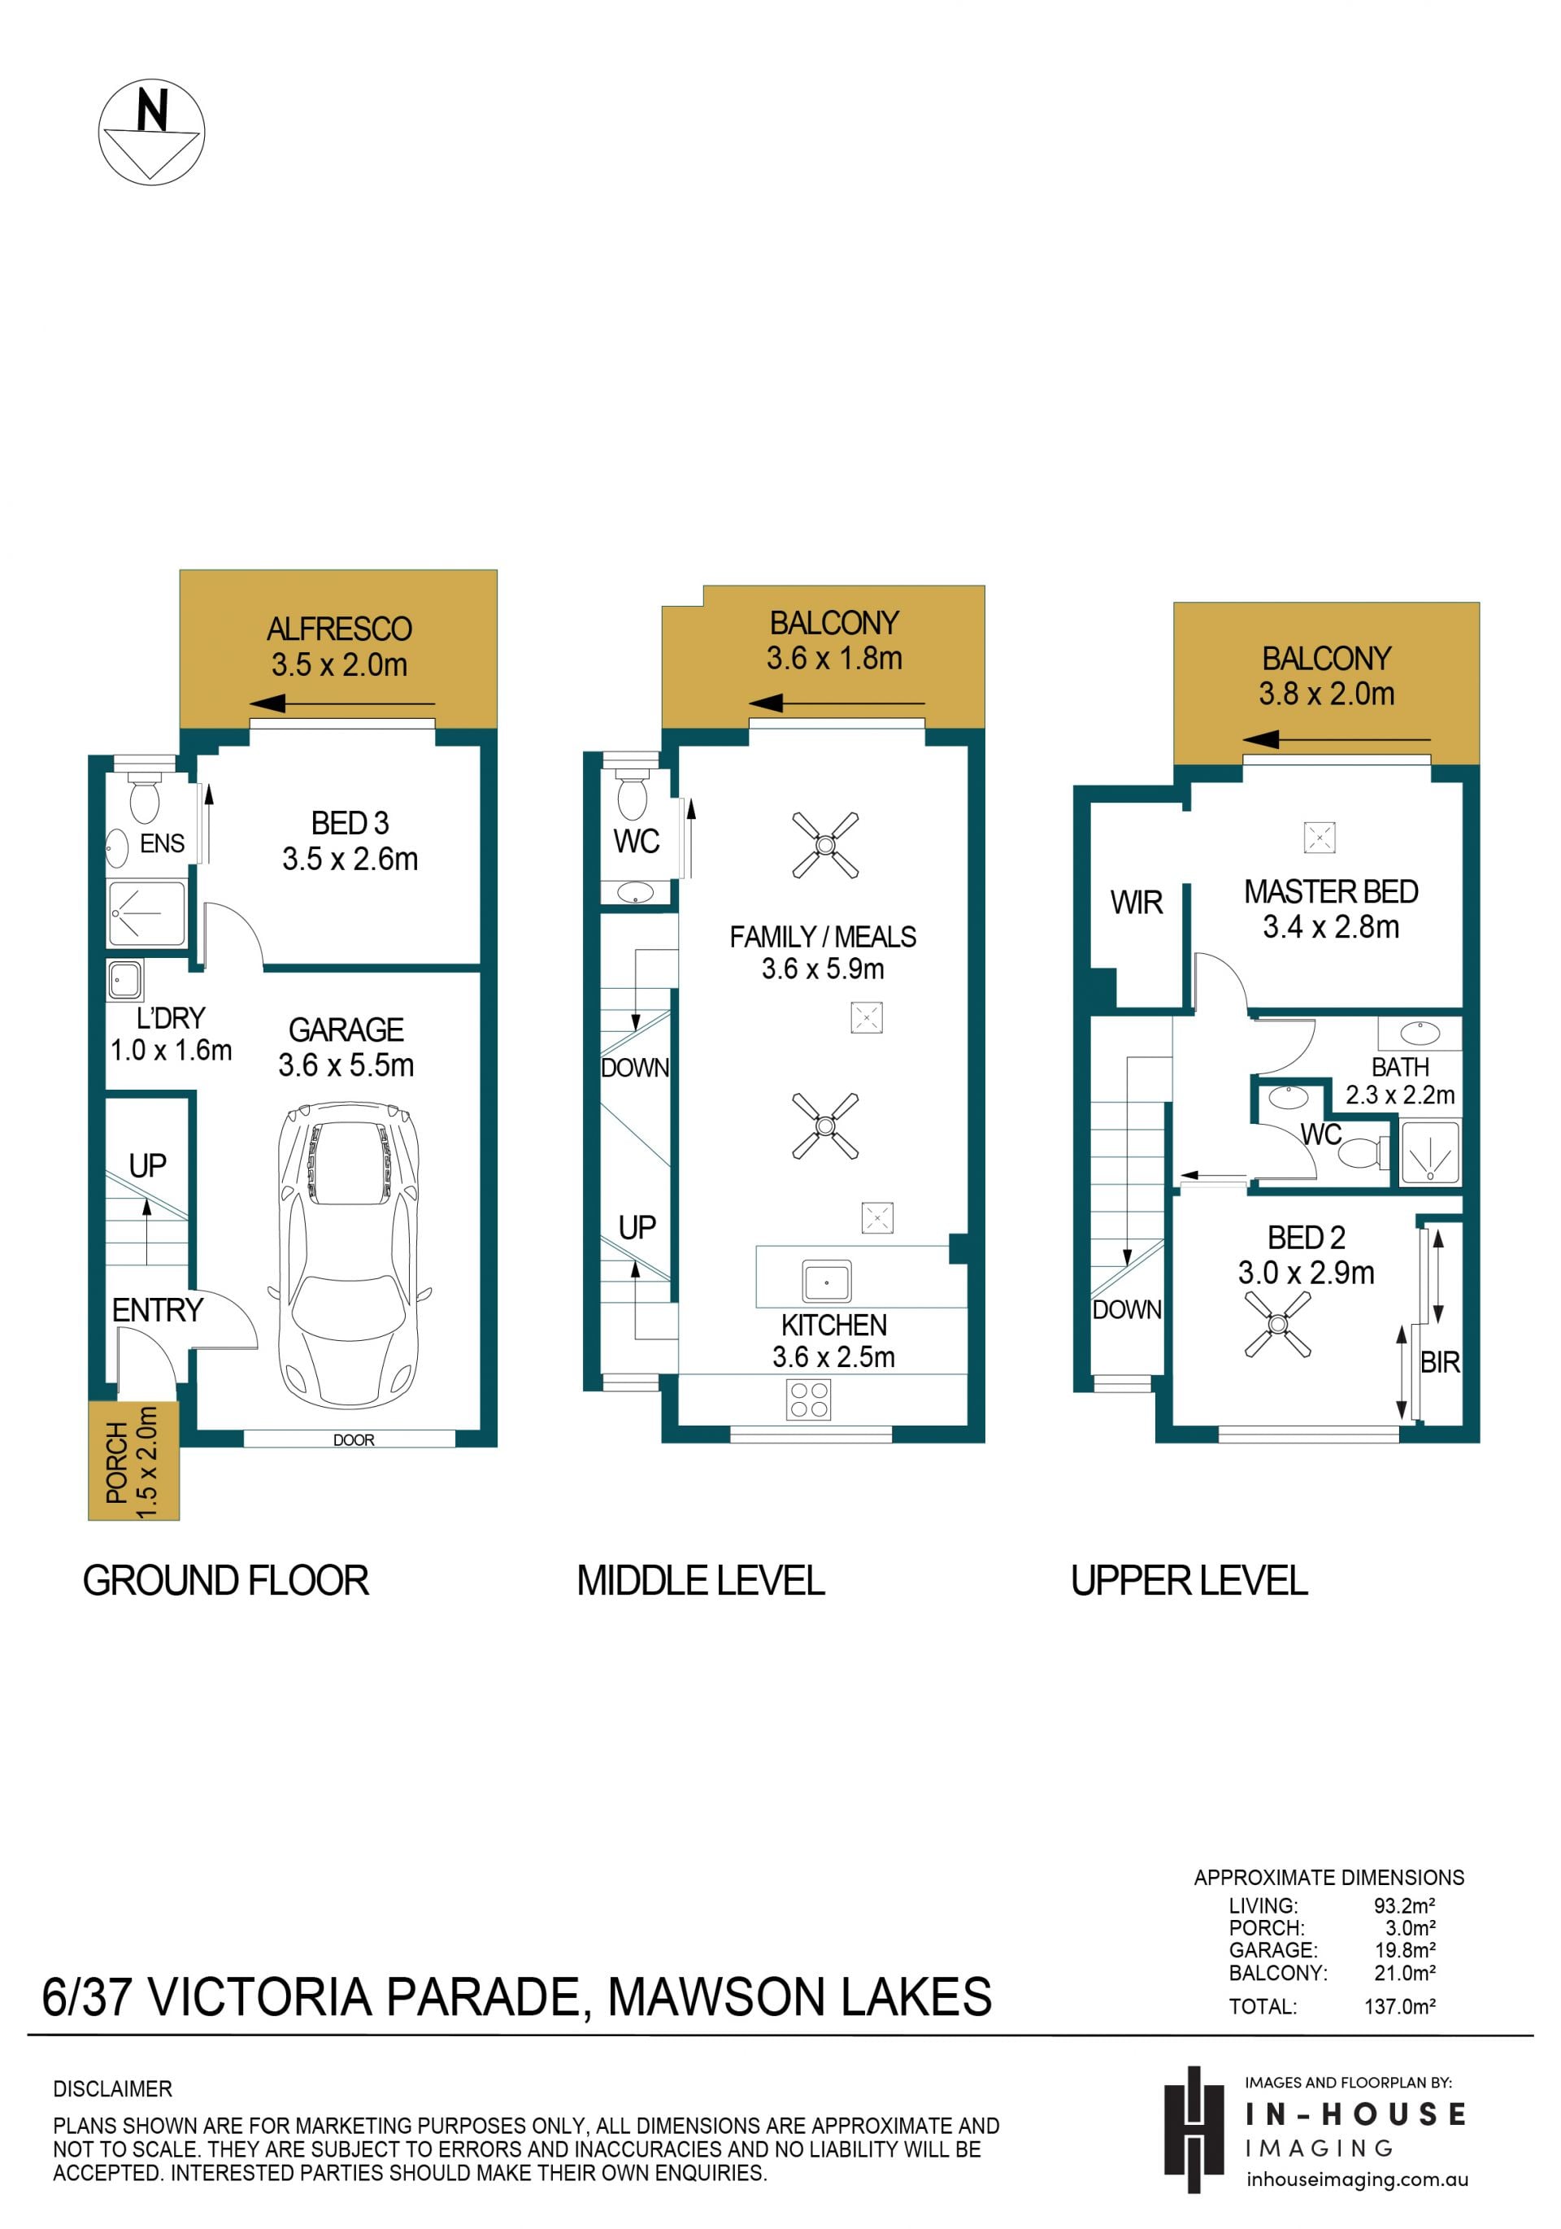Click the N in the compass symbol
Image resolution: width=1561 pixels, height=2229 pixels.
pos(152,109)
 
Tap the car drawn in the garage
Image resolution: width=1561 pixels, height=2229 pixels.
pos(350,1254)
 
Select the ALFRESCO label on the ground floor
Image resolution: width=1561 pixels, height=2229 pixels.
pos(339,629)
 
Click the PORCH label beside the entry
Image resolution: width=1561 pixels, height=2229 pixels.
pos(116,1462)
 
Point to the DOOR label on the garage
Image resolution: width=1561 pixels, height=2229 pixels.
pos(354,1439)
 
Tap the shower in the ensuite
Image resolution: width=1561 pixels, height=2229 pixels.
pos(146,912)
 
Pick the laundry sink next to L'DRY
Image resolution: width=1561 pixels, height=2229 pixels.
pos(125,981)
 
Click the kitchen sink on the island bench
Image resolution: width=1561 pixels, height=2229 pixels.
pos(827,1281)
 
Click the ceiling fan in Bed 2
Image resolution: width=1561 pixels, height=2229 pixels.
pos(1277,1323)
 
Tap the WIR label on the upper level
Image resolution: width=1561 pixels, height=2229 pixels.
pos(1136,903)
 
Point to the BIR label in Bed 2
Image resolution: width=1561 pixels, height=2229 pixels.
pos(1440,1362)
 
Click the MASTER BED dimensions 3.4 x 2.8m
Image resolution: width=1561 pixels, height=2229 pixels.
pos(1330,927)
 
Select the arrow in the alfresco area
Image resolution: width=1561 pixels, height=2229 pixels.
pos(341,704)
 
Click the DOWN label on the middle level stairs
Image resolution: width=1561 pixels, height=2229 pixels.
pos(635,1068)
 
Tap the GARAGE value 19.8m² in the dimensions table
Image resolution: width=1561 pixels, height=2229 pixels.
pos(1405,1949)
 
